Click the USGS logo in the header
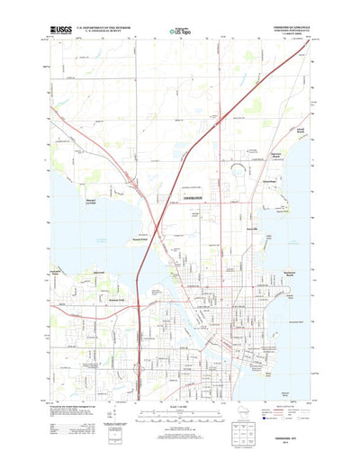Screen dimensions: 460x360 [x=62, y=30]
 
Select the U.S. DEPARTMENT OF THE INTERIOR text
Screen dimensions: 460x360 [x=103, y=28]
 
